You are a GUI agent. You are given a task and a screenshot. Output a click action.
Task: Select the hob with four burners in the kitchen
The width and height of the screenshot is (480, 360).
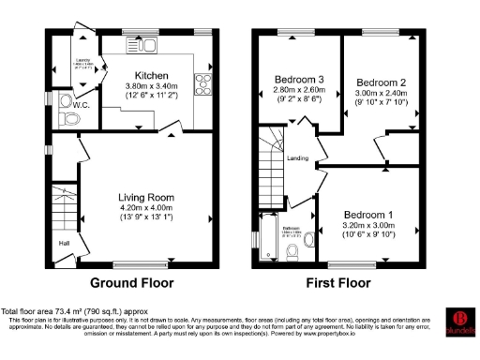(200, 80)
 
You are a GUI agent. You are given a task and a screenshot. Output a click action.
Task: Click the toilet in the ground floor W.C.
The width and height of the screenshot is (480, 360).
(67, 119)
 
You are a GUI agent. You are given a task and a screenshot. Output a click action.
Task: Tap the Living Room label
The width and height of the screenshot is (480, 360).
(145, 197)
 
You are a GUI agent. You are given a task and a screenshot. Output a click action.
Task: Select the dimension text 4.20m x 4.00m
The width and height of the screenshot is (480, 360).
(145, 210)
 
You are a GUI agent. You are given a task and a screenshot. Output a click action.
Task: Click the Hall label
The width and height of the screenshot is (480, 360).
(65, 244)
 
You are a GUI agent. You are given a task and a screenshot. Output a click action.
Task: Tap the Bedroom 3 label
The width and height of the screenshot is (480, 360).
(301, 79)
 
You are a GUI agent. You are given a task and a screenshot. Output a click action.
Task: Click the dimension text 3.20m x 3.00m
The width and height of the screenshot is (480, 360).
(367, 225)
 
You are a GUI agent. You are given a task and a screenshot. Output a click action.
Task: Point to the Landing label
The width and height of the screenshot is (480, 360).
(298, 157)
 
